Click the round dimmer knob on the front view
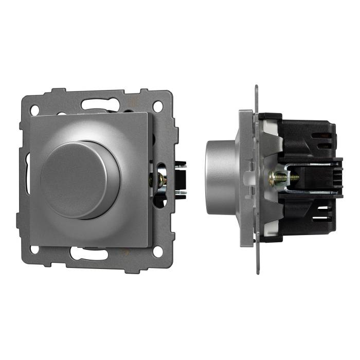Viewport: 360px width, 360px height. [80, 179]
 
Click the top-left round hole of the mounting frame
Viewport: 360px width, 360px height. [34, 110]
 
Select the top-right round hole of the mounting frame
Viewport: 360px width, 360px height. [158, 106]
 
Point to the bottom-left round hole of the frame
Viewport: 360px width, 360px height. [34, 250]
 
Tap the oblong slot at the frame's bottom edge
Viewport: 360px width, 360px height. [89, 254]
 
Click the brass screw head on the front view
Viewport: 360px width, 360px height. [160, 179]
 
